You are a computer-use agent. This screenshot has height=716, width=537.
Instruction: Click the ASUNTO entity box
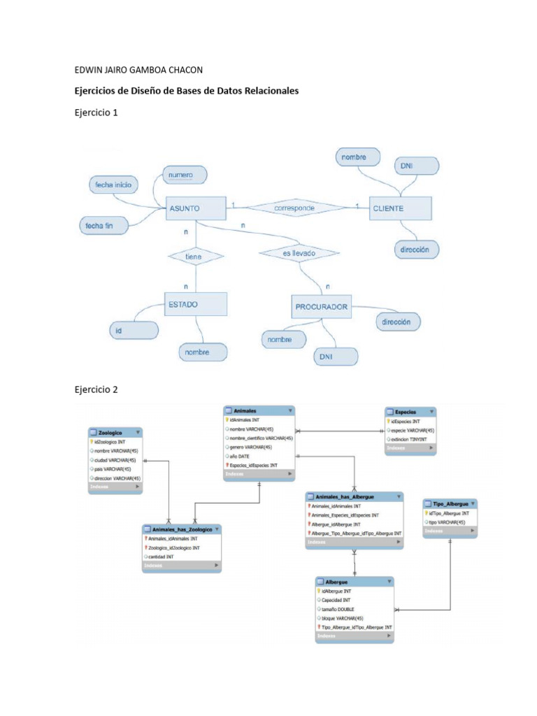click(195, 208)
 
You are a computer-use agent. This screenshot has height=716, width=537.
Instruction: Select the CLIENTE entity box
click(401, 208)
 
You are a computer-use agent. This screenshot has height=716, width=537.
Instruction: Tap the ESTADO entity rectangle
click(196, 305)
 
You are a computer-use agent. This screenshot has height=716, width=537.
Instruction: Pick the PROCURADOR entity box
click(322, 306)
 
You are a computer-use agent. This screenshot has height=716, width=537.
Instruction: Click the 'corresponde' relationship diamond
click(294, 208)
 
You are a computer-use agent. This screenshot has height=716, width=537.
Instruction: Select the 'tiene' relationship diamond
click(194, 257)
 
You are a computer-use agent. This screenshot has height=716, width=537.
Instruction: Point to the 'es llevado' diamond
click(299, 253)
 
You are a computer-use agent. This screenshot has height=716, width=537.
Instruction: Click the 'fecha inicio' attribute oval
click(113, 185)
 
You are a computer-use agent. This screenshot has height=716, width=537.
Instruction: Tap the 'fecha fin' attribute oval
click(104, 225)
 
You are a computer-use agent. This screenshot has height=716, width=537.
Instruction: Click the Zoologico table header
click(115, 433)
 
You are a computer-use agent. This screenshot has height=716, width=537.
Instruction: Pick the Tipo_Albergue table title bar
click(450, 503)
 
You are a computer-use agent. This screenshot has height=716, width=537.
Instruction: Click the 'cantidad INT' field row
click(166, 557)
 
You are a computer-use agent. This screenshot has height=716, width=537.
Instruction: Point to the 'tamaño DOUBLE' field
click(338, 609)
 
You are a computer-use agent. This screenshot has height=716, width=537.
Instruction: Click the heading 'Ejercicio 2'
click(96, 389)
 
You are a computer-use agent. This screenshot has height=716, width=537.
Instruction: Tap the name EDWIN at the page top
click(90, 69)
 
